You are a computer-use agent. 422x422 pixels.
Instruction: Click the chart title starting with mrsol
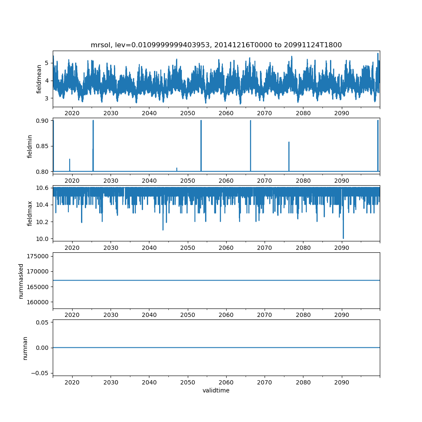pyautogui.click(x=216, y=45)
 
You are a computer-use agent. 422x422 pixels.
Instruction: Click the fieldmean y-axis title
pyautogui.click(x=39, y=79)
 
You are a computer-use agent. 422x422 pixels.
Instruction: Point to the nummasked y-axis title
pyautogui.click(x=21, y=281)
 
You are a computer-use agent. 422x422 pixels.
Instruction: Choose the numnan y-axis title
pyautogui.click(x=25, y=348)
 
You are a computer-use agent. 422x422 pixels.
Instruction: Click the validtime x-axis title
pyautogui.click(x=216, y=391)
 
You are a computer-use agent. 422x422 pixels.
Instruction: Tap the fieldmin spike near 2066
pyautogui.click(x=250, y=121)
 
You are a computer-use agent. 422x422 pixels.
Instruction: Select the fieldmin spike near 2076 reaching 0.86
pyautogui.click(x=289, y=142)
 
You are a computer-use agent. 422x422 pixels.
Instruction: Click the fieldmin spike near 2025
pyautogui.click(x=93, y=121)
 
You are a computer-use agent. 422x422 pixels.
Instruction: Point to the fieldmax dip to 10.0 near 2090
pyautogui.click(x=343, y=238)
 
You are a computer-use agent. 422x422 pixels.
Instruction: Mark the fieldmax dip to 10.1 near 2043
pyautogui.click(x=163, y=229)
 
